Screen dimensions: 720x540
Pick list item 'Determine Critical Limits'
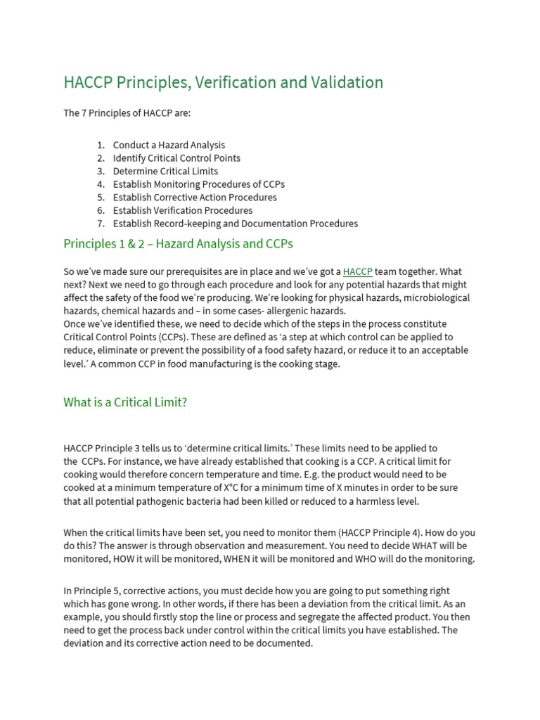coord(165,171)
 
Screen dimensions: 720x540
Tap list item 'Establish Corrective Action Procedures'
coord(195,198)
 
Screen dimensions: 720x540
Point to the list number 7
coord(101,224)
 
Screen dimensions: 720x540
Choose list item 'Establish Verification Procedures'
coord(182,210)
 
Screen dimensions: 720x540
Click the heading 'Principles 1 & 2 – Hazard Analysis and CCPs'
coord(178,244)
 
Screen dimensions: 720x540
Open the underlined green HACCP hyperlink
coord(358,271)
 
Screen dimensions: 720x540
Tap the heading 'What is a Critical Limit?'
coord(125,402)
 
